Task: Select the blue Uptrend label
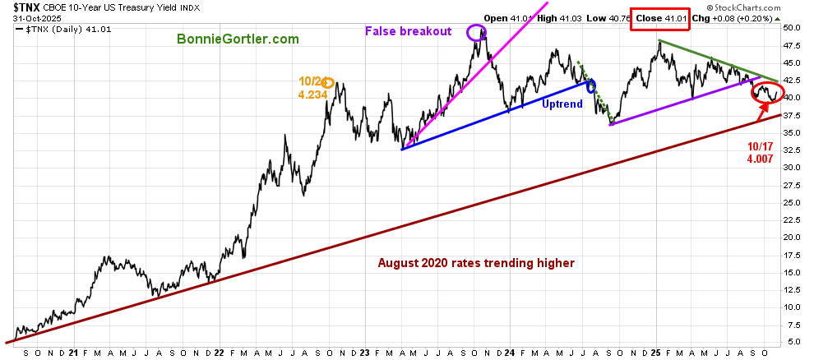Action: click(563, 104)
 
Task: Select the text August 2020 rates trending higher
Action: click(476, 263)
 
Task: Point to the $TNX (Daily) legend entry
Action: click(64, 30)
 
